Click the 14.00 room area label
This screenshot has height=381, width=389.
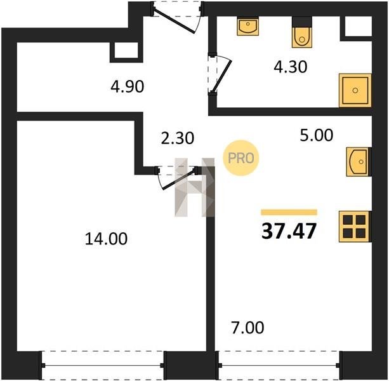(x=106, y=239)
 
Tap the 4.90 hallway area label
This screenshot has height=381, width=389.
(x=128, y=86)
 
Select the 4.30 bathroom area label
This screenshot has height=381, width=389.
(x=291, y=67)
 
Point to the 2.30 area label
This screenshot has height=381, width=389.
(x=178, y=138)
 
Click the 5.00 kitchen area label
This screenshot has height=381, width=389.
(x=316, y=135)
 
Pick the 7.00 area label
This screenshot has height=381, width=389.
(x=247, y=328)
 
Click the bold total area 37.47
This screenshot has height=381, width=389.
(x=289, y=231)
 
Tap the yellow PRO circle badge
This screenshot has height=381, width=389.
(x=241, y=158)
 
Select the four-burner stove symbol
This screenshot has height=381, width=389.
(x=355, y=227)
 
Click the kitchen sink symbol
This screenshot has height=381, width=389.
(x=359, y=162)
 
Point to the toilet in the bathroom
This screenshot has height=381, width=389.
(x=302, y=32)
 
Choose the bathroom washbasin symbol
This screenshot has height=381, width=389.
(x=248, y=26)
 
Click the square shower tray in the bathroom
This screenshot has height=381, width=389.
(x=355, y=90)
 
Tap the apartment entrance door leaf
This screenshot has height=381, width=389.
(x=174, y=21)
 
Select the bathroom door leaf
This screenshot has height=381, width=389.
(x=222, y=76)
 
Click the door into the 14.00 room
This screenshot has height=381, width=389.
(x=178, y=179)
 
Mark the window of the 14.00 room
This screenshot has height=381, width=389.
(x=102, y=365)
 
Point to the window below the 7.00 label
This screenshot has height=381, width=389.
(x=279, y=365)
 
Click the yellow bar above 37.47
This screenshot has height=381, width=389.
(x=289, y=212)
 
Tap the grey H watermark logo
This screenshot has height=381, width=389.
(x=194, y=187)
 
